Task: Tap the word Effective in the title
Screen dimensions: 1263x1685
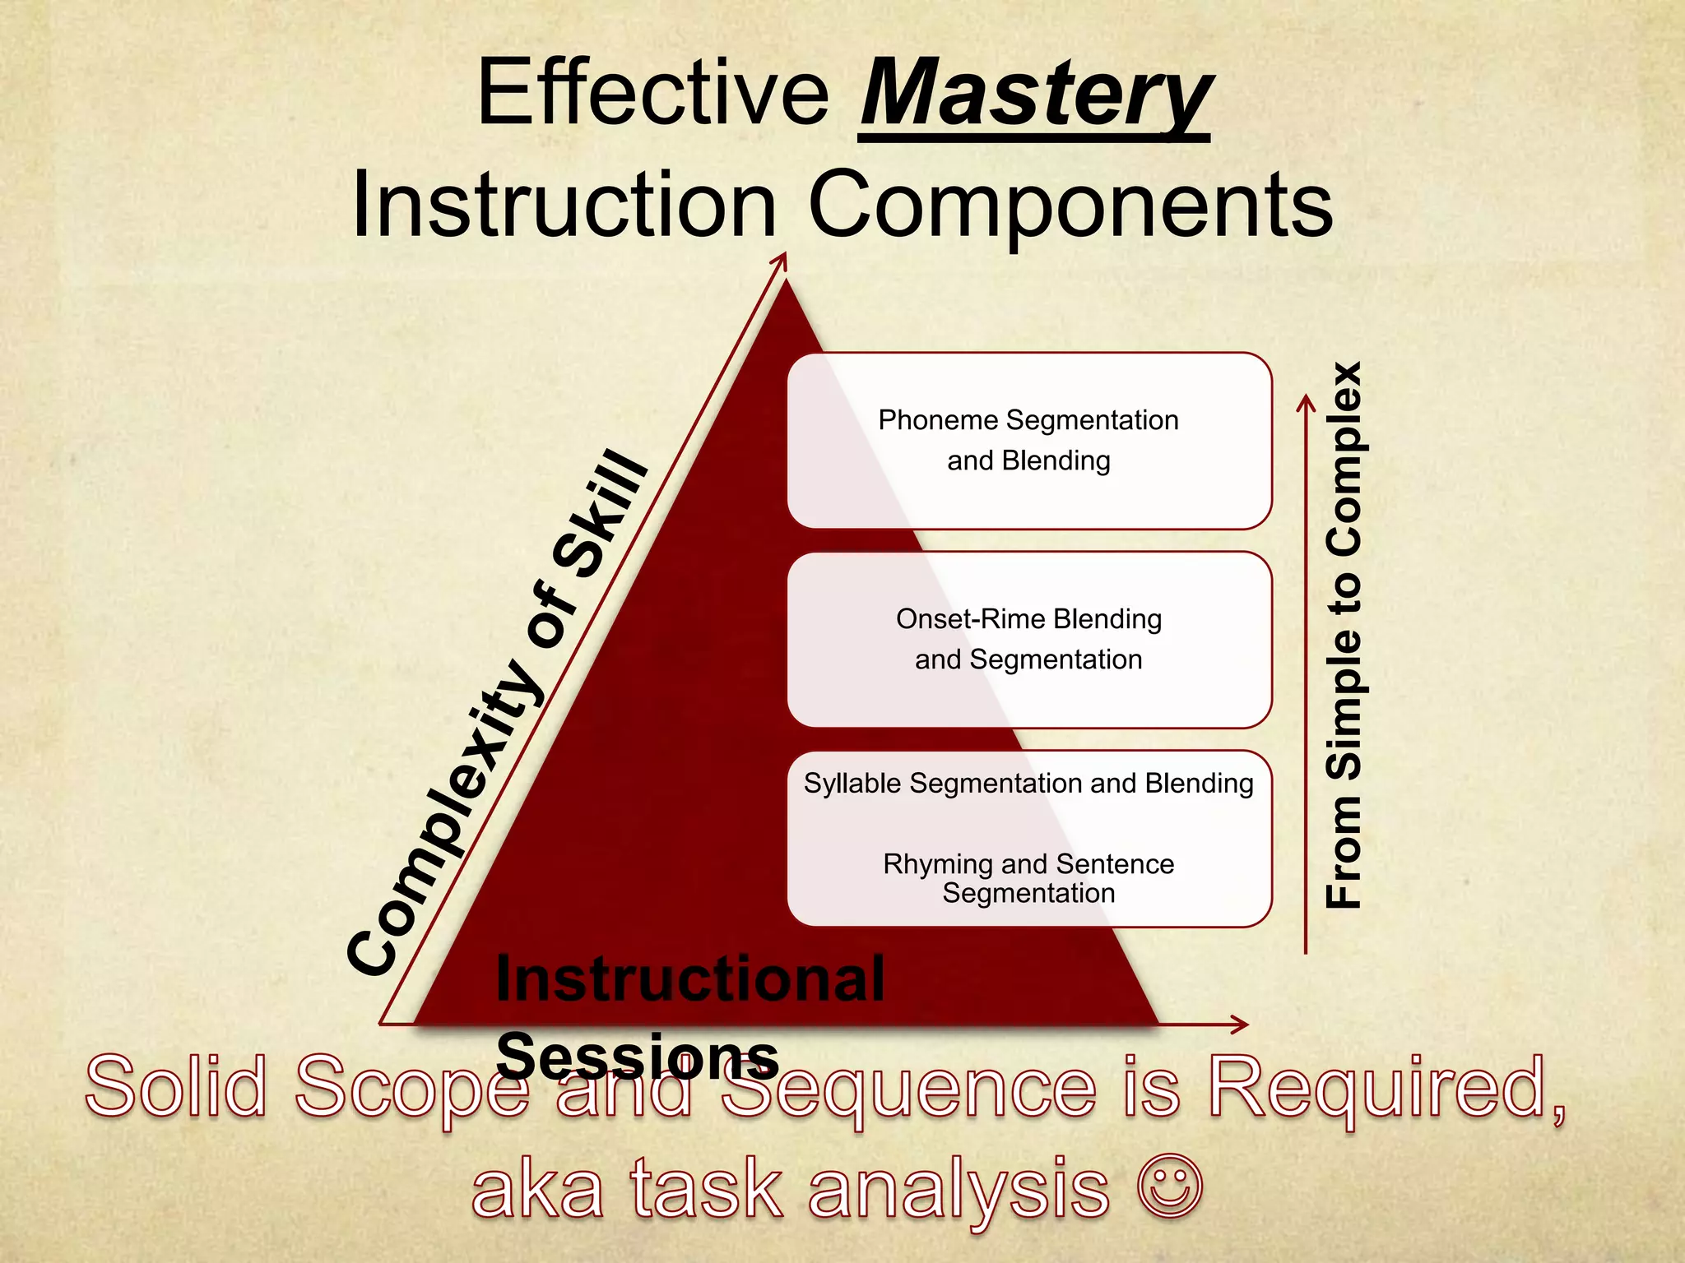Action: (x=653, y=93)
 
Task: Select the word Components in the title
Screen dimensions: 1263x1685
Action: (x=1070, y=206)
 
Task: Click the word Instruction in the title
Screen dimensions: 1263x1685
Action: (x=564, y=206)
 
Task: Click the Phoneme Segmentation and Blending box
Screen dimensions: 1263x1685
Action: (x=1028, y=441)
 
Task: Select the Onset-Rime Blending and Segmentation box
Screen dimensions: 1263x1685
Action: (x=1028, y=640)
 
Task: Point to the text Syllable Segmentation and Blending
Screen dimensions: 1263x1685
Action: (x=1028, y=784)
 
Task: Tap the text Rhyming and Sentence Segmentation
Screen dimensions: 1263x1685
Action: (x=1028, y=878)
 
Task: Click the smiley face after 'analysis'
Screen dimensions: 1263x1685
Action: (x=1169, y=1187)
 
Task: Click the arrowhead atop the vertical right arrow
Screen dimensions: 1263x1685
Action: (x=1306, y=402)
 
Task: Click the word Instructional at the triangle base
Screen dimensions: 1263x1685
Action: (x=689, y=979)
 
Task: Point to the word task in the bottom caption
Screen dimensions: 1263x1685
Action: (x=707, y=1189)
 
